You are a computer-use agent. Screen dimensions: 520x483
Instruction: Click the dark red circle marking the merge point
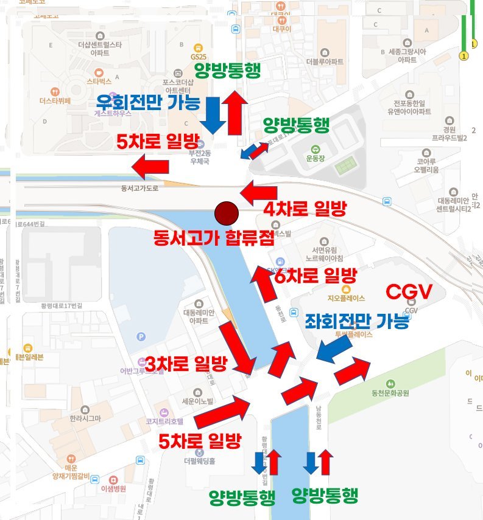[226, 213]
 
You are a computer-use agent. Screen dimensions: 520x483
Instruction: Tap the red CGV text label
[409, 292]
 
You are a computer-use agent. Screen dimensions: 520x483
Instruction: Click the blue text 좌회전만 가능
[356, 321]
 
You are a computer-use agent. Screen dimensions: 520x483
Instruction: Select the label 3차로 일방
[186, 364]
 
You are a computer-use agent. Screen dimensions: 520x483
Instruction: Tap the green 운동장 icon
[315, 150]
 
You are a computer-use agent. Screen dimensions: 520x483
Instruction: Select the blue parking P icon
[142, 336]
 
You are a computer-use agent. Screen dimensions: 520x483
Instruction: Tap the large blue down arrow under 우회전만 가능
[212, 114]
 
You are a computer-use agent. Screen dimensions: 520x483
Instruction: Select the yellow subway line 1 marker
[464, 57]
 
